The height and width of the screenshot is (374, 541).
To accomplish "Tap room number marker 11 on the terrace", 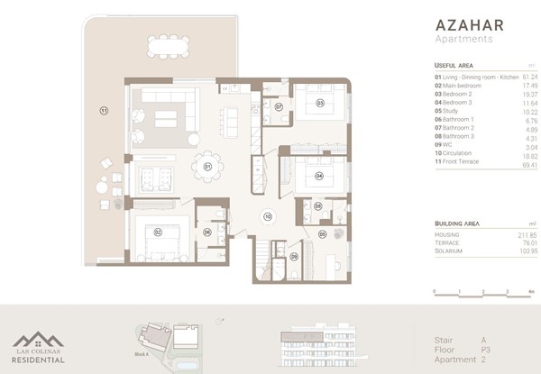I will (x=104, y=110).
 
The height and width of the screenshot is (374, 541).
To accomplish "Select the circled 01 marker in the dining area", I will (x=182, y=167).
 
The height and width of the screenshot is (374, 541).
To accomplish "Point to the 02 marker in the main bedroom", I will (x=158, y=232).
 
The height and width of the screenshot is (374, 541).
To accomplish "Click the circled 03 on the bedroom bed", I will (x=319, y=104).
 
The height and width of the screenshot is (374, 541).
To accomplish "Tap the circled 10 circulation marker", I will (x=267, y=216).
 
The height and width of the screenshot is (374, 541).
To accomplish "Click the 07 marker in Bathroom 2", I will (x=280, y=106).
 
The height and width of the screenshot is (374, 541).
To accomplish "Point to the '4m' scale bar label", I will (x=532, y=293).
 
